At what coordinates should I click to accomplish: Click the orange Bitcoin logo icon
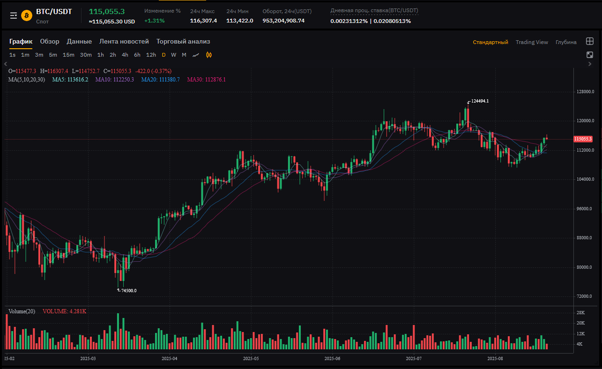click(27, 15)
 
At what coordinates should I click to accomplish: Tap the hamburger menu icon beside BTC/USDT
click(14, 15)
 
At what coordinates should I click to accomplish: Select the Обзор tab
click(50, 42)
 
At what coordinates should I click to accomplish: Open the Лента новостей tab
click(124, 42)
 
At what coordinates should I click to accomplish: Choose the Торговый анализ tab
click(183, 42)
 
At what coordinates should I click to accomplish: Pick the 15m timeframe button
click(68, 55)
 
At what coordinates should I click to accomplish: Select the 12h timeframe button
click(151, 55)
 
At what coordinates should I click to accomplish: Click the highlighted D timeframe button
click(164, 55)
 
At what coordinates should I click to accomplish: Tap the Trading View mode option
click(532, 42)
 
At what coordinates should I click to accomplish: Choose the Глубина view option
click(566, 42)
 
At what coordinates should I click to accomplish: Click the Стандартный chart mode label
click(491, 42)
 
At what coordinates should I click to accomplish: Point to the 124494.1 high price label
click(480, 101)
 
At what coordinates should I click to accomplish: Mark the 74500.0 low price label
click(128, 291)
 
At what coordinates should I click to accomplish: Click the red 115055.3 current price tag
click(583, 139)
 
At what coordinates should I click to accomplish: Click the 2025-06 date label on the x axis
click(332, 359)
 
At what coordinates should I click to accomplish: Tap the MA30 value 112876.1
click(206, 80)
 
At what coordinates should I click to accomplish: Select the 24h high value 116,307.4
click(203, 21)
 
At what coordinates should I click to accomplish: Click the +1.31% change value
click(154, 21)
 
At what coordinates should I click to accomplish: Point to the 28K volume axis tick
click(581, 312)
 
